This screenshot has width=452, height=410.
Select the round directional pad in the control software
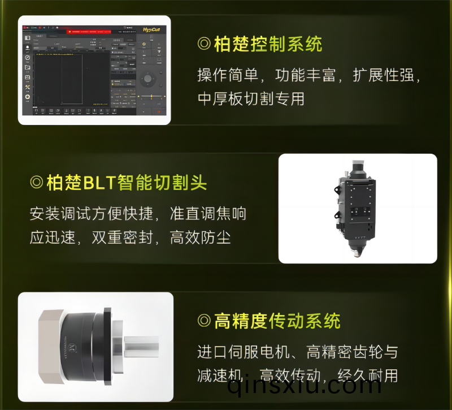point(149,79)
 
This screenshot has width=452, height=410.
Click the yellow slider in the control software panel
point(151,97)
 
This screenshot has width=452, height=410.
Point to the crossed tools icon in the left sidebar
point(27,87)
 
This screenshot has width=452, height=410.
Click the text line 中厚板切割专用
point(251,98)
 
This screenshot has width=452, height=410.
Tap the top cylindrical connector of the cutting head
point(359,166)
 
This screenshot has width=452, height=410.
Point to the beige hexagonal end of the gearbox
point(49,344)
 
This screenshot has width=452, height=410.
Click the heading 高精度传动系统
point(277,321)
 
